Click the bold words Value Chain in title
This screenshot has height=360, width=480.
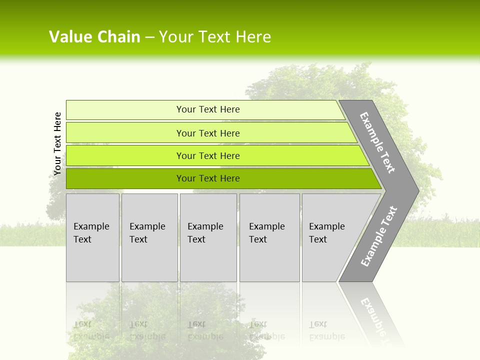click(94, 37)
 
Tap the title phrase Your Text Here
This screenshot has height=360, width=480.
click(215, 37)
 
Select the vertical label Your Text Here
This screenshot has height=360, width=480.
click(57, 143)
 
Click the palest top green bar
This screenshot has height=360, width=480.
click(125, 110)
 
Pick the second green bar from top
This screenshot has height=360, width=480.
click(125, 133)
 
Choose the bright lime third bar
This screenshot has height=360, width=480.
click(125, 155)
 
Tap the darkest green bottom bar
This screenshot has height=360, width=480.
click(125, 178)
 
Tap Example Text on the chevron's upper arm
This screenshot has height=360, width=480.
click(377, 142)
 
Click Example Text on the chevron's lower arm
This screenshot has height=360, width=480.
click(379, 236)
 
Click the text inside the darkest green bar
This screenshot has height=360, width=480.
click(208, 178)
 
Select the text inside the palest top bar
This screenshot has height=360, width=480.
click(208, 109)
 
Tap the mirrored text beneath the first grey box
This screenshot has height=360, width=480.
click(91, 330)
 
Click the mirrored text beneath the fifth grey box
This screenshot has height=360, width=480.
click(326, 330)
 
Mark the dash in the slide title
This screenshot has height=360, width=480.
click(149, 37)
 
